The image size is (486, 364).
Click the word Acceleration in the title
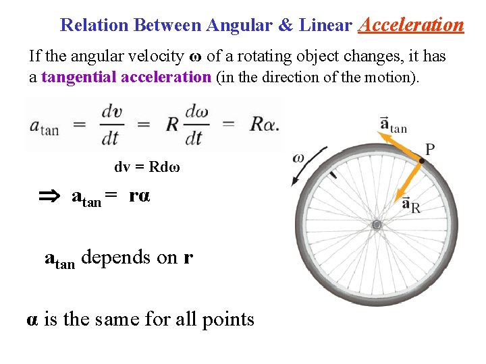point(411,26)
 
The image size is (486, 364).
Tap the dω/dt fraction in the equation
point(195,125)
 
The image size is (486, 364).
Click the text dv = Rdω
point(147,166)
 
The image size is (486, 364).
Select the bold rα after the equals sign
point(140,196)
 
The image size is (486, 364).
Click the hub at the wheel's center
point(377,224)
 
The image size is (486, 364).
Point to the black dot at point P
point(422,160)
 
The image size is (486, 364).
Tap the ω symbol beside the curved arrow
point(298,158)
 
